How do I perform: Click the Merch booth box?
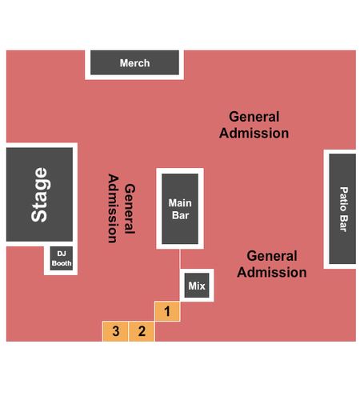[134, 62]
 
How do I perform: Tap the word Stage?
[39, 194]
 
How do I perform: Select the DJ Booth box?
[62, 258]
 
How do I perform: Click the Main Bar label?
[180, 209]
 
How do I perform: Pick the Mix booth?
[197, 286]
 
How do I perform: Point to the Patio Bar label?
[344, 210]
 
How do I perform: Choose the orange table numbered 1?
[167, 311]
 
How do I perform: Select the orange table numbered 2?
[142, 331]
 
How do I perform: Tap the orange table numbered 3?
[115, 331]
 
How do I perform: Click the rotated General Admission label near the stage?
[122, 209]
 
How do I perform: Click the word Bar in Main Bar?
[180, 215]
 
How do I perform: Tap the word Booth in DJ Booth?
[62, 263]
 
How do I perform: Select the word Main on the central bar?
[180, 203]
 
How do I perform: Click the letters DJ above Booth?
[62, 254]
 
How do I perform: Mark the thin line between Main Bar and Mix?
[180, 259]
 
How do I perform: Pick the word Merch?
[134, 63]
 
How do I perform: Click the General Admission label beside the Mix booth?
[272, 264]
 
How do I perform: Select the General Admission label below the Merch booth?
[254, 125]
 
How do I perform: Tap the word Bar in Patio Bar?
[344, 225]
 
